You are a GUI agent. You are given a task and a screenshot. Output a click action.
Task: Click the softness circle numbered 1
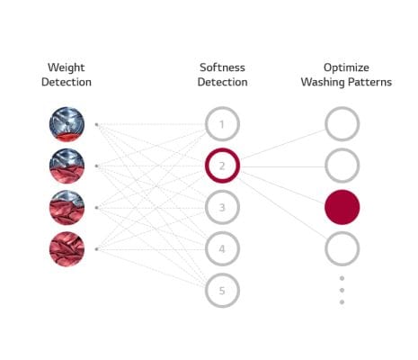point(222,112)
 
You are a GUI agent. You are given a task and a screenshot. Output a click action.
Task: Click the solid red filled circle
point(342,207)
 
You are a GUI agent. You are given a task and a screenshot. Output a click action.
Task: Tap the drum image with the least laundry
point(67,124)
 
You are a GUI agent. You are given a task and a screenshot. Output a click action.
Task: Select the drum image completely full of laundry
point(67,249)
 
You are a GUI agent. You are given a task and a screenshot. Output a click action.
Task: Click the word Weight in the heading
point(67,67)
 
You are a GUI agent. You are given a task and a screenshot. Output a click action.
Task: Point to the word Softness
point(222,67)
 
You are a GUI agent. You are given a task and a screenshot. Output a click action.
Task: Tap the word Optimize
point(346,67)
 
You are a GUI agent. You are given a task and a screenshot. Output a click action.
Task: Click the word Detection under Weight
point(67,82)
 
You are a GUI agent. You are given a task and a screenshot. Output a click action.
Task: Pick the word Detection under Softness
point(222,82)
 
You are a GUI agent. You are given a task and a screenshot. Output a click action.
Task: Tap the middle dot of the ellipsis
point(342,290)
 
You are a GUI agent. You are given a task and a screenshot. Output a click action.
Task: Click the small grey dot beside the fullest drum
point(96,249)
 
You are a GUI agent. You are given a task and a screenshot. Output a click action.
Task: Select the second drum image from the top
point(67,166)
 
